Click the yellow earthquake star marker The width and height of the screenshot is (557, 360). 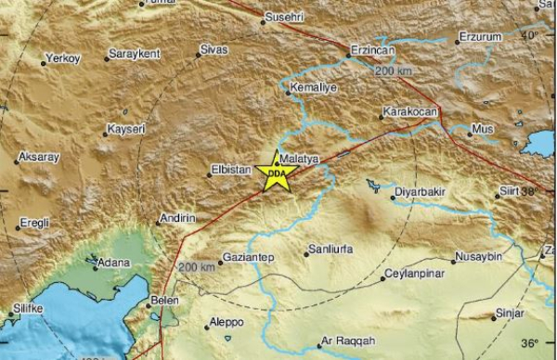[276, 173]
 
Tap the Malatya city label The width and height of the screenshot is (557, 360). [301, 159]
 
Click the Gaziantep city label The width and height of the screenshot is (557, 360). [246, 257]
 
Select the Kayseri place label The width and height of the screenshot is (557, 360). [127, 128]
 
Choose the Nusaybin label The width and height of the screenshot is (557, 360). [479, 256]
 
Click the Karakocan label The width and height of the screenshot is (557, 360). [409, 112]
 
